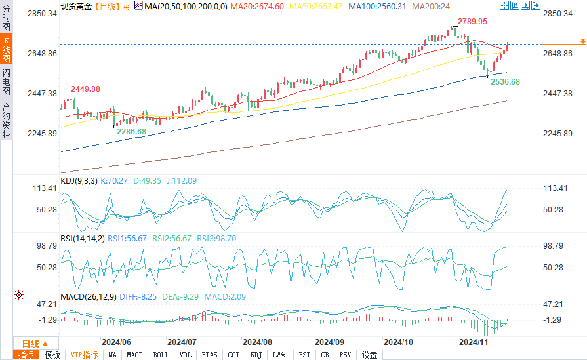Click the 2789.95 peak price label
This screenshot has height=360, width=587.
pyautogui.click(x=473, y=22)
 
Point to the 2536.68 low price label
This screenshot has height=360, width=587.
pyautogui.click(x=505, y=82)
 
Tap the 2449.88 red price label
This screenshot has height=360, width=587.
pyautogui.click(x=85, y=89)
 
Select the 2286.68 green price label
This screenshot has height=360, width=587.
pyautogui.click(x=131, y=132)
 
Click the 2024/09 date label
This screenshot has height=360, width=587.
pyautogui.click(x=329, y=342)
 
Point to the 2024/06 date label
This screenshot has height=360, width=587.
pyautogui.click(x=117, y=342)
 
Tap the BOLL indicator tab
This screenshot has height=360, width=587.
pyautogui.click(x=161, y=355)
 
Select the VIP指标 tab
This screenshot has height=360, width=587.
pyautogui.click(x=85, y=355)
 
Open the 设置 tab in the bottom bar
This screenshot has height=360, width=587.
pyautogui.click(x=370, y=355)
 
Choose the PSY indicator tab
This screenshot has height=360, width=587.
pyautogui.click(x=345, y=355)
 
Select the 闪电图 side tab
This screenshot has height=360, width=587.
pyautogui.click(x=6, y=81)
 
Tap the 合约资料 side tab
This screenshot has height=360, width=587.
pyautogui.click(x=6, y=121)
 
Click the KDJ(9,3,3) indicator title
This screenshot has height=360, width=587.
pyautogui.click(x=79, y=180)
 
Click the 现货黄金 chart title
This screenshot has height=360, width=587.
pyautogui.click(x=76, y=6)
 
